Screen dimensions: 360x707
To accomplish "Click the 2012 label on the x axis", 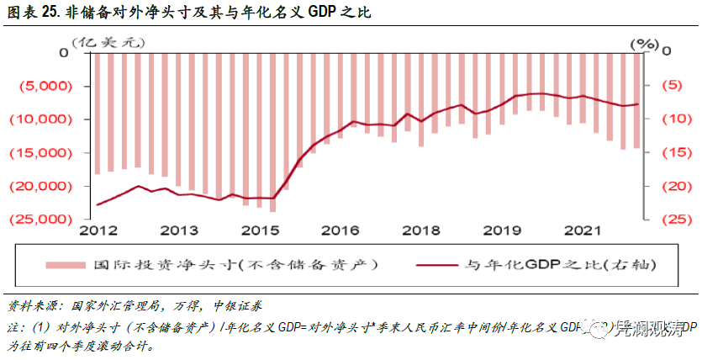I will click(x=97, y=230).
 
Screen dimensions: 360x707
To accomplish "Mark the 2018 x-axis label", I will click(x=418, y=230).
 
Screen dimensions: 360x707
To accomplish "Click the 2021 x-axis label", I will click(x=581, y=230).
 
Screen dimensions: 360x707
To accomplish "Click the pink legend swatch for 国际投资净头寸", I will click(x=64, y=264).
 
